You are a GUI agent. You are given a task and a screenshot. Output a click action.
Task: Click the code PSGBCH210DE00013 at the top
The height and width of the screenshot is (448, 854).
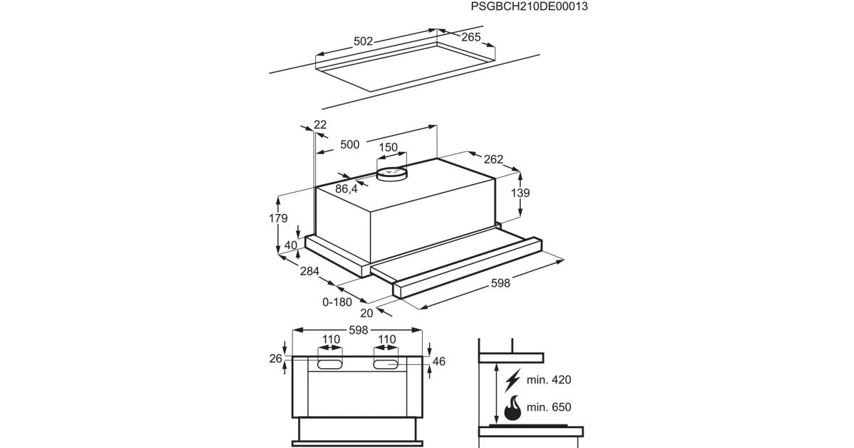click(x=529, y=7)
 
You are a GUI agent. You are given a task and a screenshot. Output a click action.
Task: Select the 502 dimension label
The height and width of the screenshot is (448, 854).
click(x=363, y=41)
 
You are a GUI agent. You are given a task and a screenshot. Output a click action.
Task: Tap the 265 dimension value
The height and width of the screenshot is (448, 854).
click(x=470, y=38)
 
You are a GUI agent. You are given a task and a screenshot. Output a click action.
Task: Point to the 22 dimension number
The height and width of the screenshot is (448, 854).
click(x=320, y=124)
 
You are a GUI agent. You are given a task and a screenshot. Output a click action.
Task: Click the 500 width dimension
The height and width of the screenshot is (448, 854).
click(x=349, y=144)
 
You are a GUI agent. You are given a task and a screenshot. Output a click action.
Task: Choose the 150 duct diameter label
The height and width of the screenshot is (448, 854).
click(x=388, y=147)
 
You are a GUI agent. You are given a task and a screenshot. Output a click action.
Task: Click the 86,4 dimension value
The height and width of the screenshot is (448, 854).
click(x=346, y=188)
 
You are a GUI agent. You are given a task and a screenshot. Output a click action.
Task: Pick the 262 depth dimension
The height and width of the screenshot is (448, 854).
click(x=493, y=160)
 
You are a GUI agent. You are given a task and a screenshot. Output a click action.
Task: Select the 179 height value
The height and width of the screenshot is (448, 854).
click(x=278, y=218)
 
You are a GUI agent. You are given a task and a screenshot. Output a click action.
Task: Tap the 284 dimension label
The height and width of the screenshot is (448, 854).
click(x=310, y=271)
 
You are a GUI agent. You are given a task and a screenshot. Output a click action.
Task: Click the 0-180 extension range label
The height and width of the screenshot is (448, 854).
click(x=337, y=302)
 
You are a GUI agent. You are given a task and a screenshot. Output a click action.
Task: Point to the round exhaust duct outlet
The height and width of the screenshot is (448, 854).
click(x=391, y=173)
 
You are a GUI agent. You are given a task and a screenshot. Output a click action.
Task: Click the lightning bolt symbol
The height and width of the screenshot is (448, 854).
click(x=511, y=382)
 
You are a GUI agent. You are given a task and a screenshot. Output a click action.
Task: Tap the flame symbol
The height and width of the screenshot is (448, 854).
click(x=511, y=409)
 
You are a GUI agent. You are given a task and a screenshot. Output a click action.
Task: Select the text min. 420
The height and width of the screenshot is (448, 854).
click(x=549, y=380)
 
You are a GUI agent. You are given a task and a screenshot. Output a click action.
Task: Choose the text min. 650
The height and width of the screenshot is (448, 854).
click(x=549, y=407)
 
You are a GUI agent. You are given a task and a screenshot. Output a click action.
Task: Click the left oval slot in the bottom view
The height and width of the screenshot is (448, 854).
click(x=330, y=364)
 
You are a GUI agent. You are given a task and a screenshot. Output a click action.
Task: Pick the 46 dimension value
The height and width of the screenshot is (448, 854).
click(x=438, y=362)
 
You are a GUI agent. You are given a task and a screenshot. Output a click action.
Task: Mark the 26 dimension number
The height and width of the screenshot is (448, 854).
click(x=276, y=359)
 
